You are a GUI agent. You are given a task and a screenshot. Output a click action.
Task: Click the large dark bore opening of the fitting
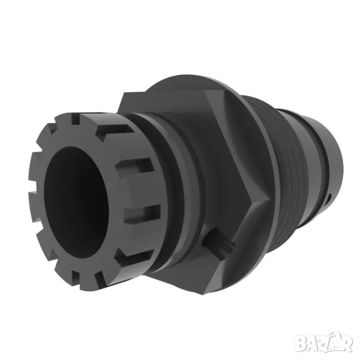(x=76, y=203)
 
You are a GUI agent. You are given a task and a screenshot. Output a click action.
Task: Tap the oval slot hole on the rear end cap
(x=329, y=198)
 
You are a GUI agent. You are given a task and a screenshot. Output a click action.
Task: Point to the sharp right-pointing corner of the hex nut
(x=271, y=199)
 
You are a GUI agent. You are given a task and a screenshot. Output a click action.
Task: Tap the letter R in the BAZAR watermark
(x=346, y=344)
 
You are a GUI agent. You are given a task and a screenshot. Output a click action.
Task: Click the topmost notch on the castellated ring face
(x=76, y=118)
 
